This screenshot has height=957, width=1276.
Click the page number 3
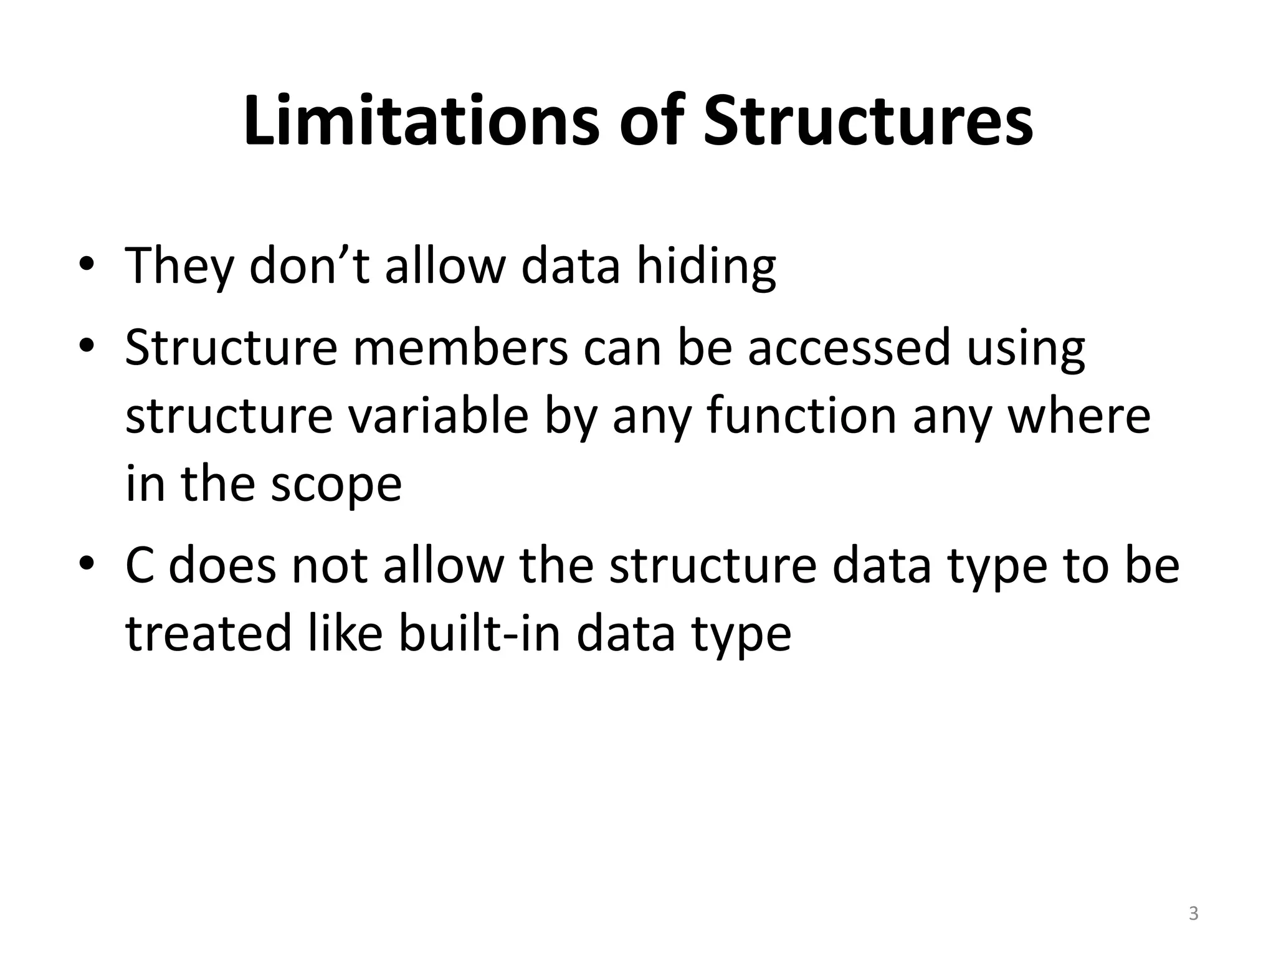pos(1193,913)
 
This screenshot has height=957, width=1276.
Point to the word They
pos(178,267)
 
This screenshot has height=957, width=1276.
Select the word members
pos(460,348)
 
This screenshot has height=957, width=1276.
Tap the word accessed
pos(849,348)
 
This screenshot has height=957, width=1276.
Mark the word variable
pos(439,416)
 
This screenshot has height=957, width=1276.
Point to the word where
pos(1078,416)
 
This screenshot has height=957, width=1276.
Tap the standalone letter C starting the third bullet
pos(140,566)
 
